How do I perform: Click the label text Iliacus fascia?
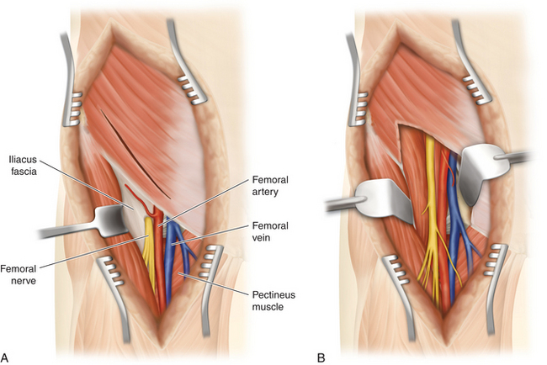pyautogui.click(x=23, y=165)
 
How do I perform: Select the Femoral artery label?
pyautogui.click(x=270, y=186)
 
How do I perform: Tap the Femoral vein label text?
pyautogui.click(x=270, y=231)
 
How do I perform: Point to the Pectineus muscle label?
pyautogui.click(x=273, y=300)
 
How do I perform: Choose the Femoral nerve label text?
pyautogui.click(x=19, y=274)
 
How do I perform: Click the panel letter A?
pyautogui.click(x=4, y=357)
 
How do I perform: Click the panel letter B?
pyautogui.click(x=321, y=357)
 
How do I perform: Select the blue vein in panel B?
pyautogui.click(x=454, y=223)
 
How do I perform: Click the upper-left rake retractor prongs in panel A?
pyautogui.click(x=74, y=108)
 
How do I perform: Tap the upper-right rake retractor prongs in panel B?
pyautogui.click(x=475, y=90)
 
